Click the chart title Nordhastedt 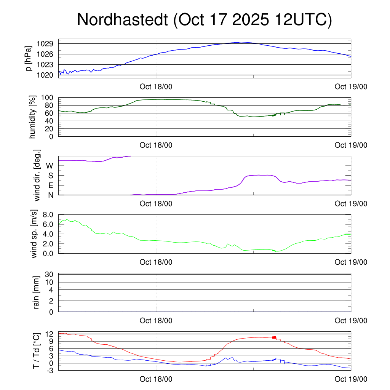coord(122,20)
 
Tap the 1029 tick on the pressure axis coord(45,43)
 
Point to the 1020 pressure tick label coord(45,75)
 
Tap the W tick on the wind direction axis coord(50,166)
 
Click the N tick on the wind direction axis coord(50,195)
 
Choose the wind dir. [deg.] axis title coord(37,176)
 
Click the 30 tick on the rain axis coord(50,274)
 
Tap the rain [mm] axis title coord(37,292)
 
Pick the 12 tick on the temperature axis coord(50,334)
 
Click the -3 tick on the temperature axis coord(49,370)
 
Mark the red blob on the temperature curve coord(274,337)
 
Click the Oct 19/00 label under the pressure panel coord(351,86)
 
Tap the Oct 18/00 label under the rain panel coord(156,321)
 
